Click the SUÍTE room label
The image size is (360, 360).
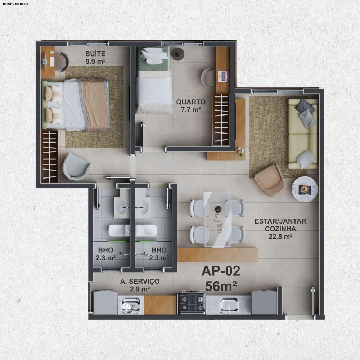click(x=95, y=54)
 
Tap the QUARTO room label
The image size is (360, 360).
click(x=191, y=102)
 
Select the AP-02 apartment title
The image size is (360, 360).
click(x=221, y=271)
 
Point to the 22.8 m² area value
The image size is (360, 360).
click(x=280, y=236)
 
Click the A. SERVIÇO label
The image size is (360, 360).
click(x=140, y=281)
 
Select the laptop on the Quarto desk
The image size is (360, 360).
click(x=222, y=76)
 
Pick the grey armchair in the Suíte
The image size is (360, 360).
click(x=77, y=167)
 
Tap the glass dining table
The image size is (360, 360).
click(x=217, y=220)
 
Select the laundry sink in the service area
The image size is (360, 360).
click(x=131, y=305)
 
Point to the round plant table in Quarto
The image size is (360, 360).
click(x=178, y=54)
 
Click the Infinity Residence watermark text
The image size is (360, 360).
click(x=15, y=4)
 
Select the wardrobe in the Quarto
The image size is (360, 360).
click(x=221, y=120)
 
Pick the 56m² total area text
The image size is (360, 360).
click(x=221, y=286)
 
